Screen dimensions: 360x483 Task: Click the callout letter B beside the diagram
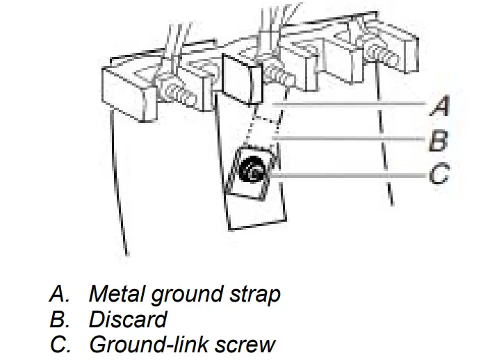[439, 141]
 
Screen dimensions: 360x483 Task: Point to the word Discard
[128, 319]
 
